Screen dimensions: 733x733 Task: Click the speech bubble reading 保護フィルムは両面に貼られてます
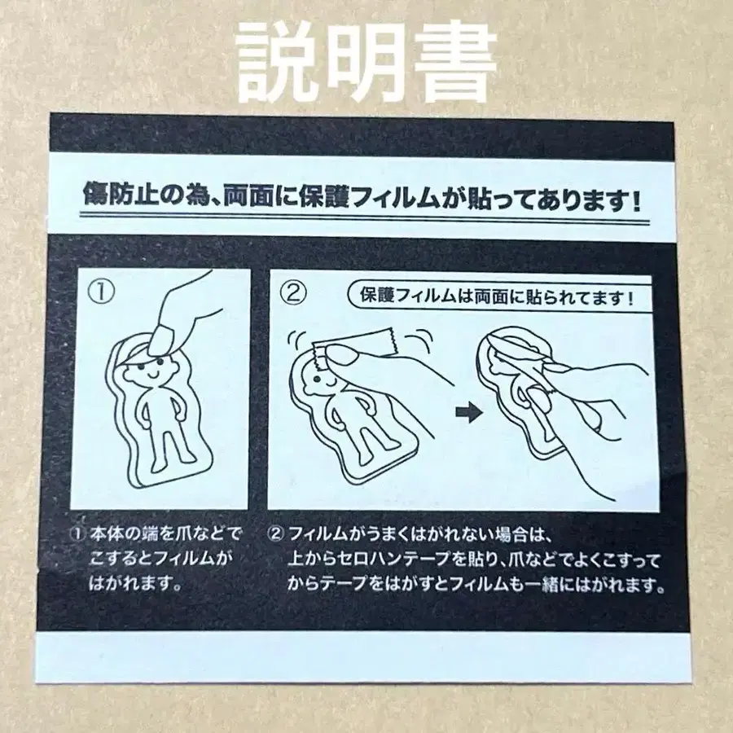point(493,296)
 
